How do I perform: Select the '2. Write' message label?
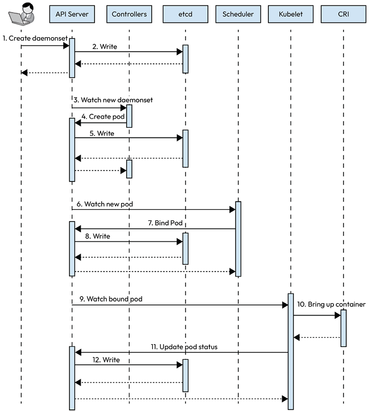(104, 47)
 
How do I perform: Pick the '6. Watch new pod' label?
(104, 204)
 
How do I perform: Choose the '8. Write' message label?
(98, 236)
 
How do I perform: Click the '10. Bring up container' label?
(331, 305)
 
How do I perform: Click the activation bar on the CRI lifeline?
(343, 328)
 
